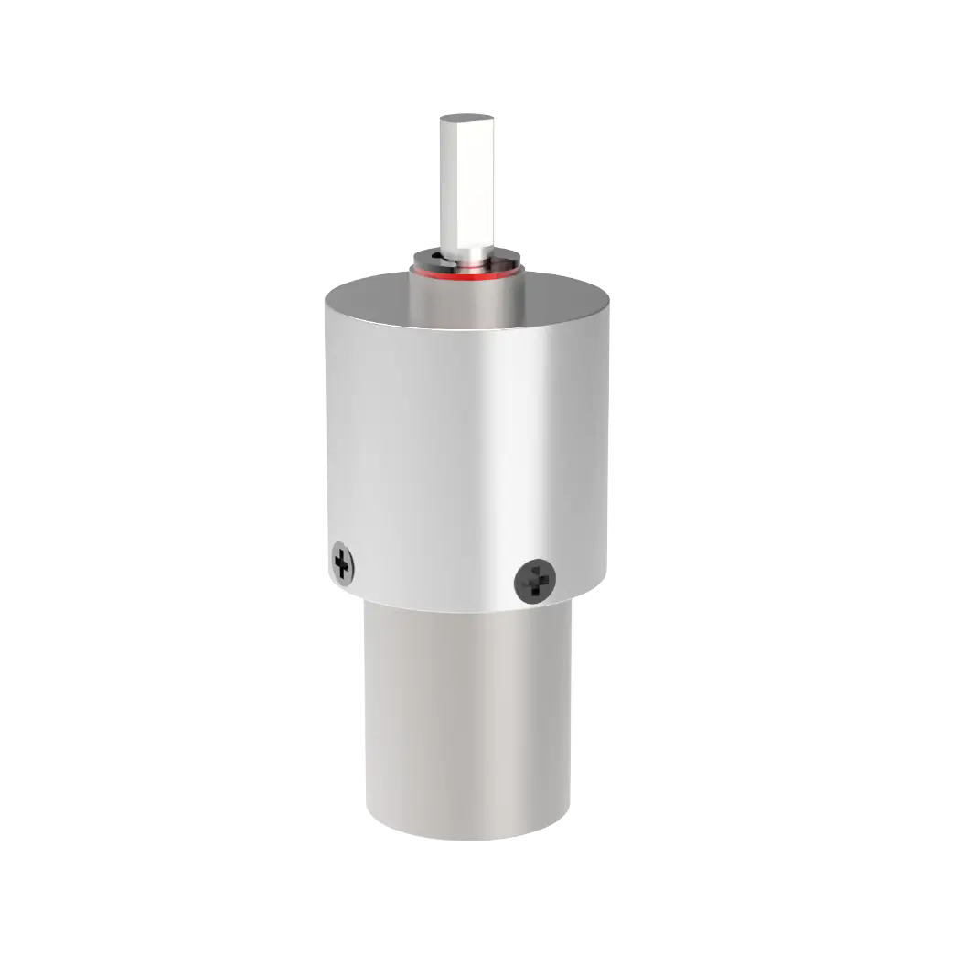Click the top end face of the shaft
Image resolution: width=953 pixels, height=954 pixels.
[467, 118]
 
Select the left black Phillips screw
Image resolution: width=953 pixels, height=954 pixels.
[342, 563]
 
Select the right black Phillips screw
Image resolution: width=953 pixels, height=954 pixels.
[535, 580]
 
